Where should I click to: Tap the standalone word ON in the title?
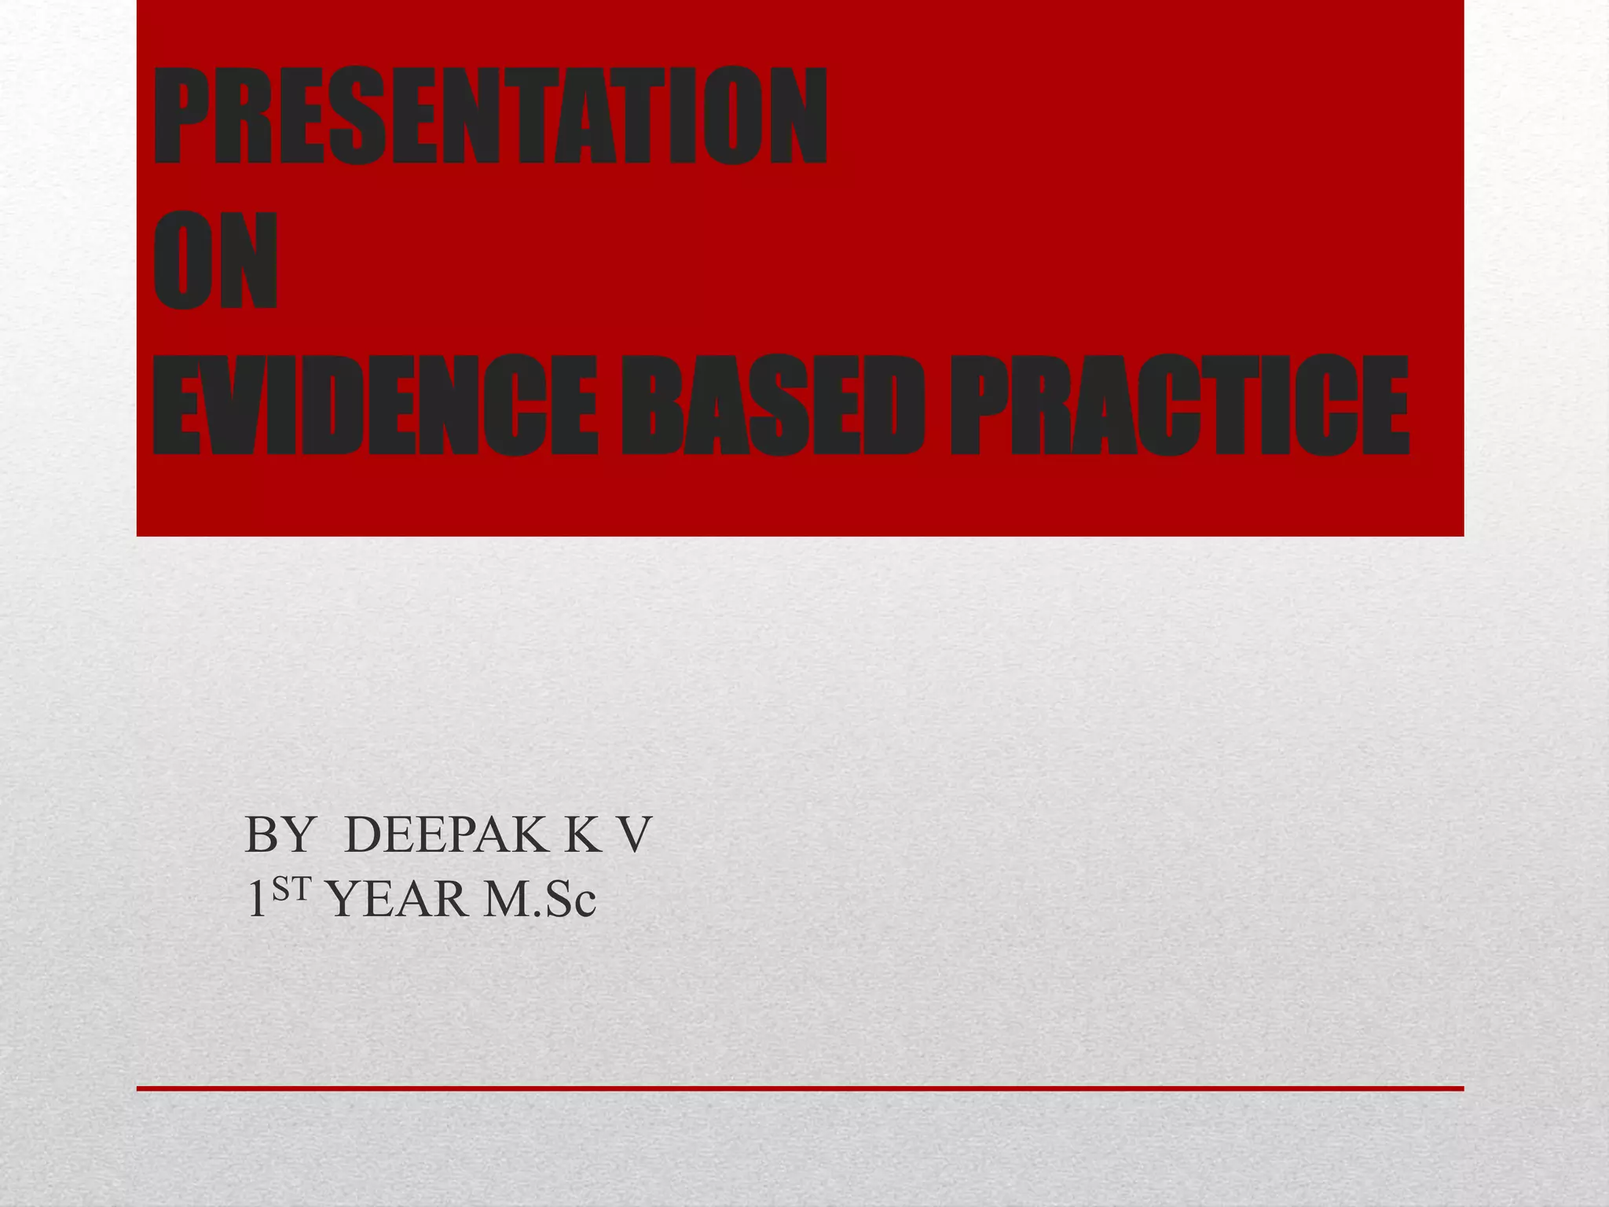coord(215,261)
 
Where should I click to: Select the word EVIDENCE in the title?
coord(374,405)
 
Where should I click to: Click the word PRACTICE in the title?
coord(1178,405)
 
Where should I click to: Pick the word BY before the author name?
coord(280,835)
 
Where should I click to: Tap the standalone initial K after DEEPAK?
coord(582,835)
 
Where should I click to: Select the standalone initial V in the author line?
coord(633,835)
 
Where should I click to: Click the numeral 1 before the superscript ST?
coord(256,900)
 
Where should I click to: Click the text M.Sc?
coord(540,901)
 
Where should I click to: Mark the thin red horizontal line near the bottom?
coord(800,1088)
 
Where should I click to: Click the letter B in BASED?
coord(652,405)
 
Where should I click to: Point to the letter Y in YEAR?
coord(344,901)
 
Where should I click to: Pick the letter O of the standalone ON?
coord(182,261)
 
